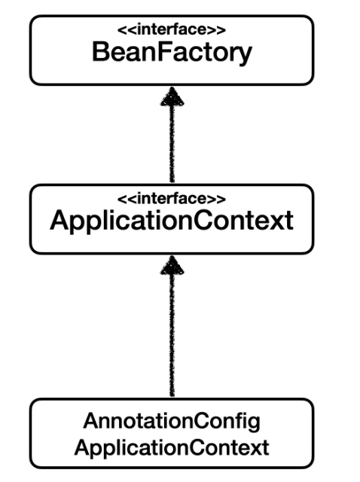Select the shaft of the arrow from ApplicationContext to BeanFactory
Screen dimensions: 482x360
[x=172, y=143]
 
